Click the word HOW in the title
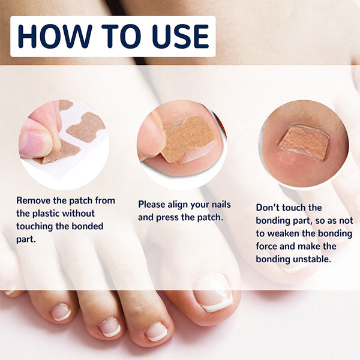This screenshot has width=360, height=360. [55, 37]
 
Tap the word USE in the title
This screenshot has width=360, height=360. [180, 37]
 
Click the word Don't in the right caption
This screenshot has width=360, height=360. [268, 208]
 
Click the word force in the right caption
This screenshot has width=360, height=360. [266, 247]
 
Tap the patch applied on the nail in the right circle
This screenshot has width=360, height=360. [304, 143]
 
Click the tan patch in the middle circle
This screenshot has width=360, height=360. [188, 139]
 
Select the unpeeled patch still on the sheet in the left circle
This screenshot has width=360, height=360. [86, 126]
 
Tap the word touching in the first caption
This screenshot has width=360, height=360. [35, 227]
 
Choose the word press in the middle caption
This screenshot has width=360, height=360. [167, 218]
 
